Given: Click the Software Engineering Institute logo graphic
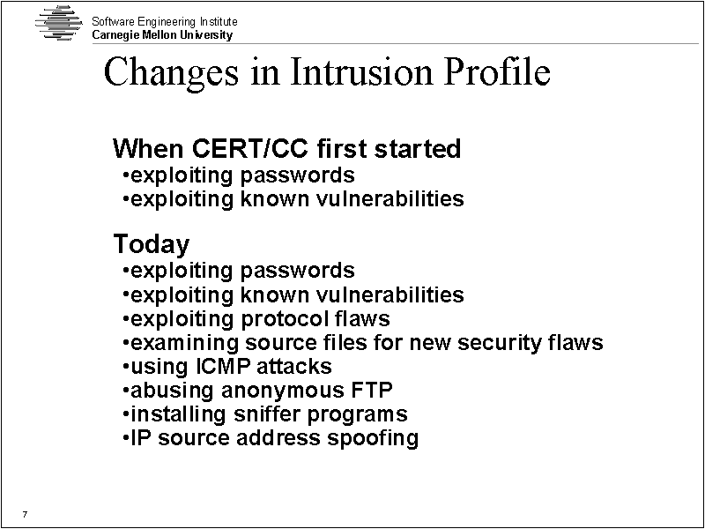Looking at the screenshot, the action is pyautogui.click(x=59, y=23).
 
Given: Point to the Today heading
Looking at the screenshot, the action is pyautogui.click(x=151, y=244).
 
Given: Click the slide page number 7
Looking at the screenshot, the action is pyautogui.click(x=25, y=514).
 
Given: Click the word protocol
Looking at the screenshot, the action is pyautogui.click(x=285, y=319).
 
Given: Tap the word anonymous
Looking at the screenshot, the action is pyautogui.click(x=282, y=391).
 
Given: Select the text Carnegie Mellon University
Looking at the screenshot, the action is pyautogui.click(x=162, y=35).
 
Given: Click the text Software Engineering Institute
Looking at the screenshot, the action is pyautogui.click(x=165, y=21).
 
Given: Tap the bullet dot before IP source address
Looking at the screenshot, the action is pyautogui.click(x=126, y=437).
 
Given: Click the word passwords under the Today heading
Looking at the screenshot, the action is pyautogui.click(x=298, y=272).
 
